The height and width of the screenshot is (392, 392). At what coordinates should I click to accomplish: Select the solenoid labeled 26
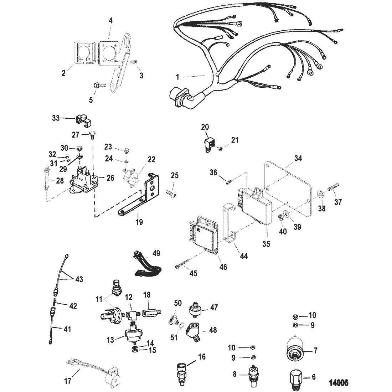(83, 177)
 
